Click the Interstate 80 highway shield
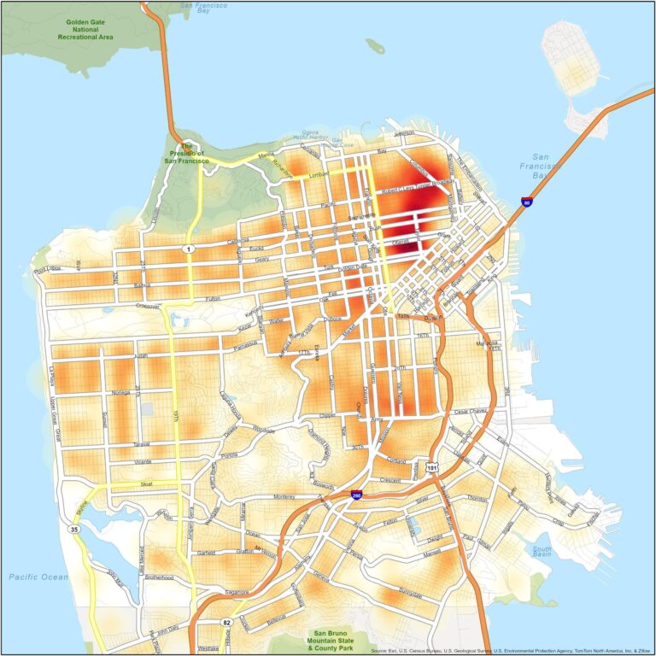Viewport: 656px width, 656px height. pyautogui.click(x=526, y=202)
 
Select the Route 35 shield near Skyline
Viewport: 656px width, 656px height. pyautogui.click(x=74, y=530)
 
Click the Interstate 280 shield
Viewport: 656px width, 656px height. pyautogui.click(x=355, y=495)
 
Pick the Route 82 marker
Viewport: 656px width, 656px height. pyautogui.click(x=226, y=622)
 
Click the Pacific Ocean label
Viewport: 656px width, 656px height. pyautogui.click(x=38, y=577)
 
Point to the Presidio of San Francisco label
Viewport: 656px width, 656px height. pyautogui.click(x=187, y=152)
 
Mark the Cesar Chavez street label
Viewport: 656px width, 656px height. pyautogui.click(x=474, y=412)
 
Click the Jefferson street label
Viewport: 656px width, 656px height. pyautogui.click(x=409, y=134)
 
